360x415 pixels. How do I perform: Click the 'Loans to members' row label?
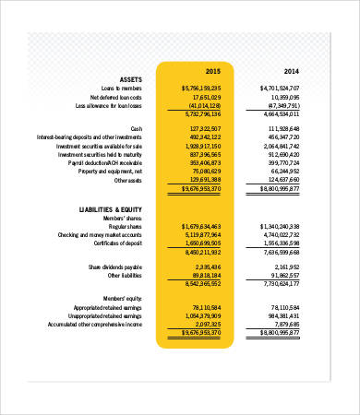pos(117,88)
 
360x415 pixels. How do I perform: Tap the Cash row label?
pos(137,128)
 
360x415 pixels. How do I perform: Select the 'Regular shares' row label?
pos(126,226)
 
